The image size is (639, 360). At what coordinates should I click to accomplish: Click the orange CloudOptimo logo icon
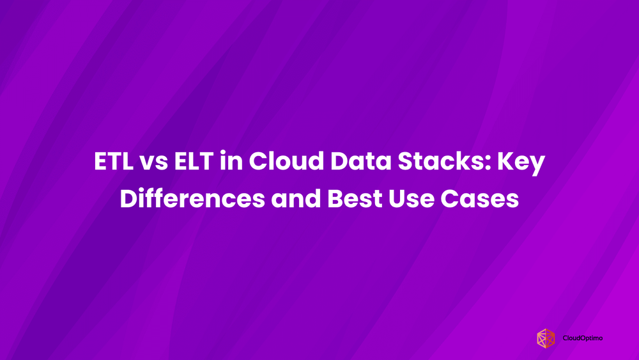[546, 338]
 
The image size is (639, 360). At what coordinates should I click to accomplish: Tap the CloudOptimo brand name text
[583, 338]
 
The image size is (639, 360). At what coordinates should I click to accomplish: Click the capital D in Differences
[128, 199]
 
